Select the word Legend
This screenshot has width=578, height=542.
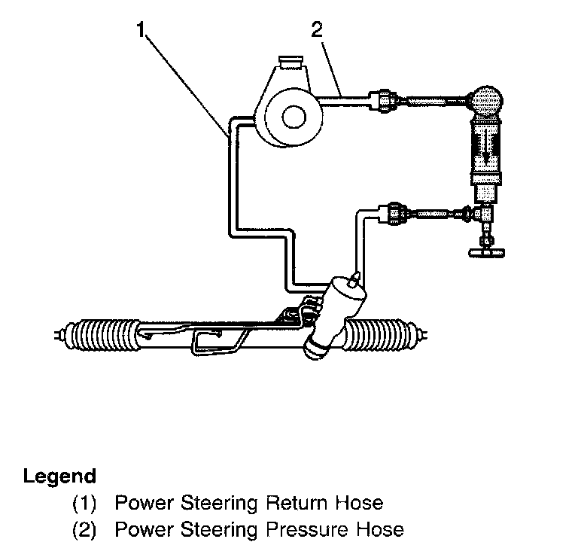[59, 477]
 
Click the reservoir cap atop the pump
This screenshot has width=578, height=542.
[290, 61]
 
